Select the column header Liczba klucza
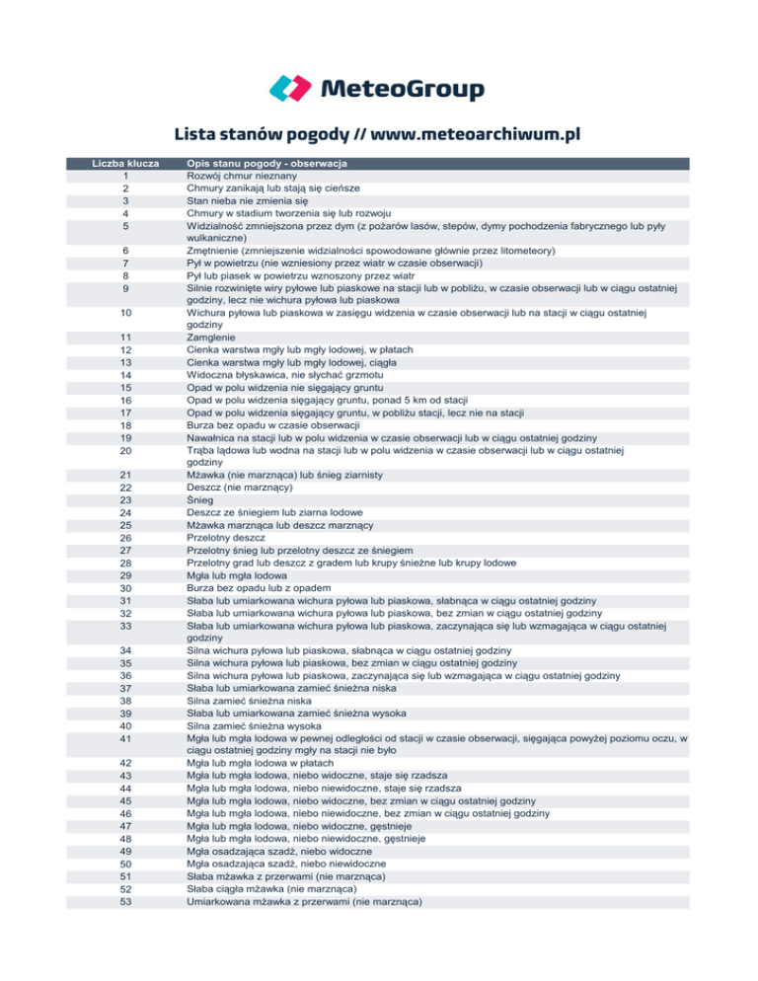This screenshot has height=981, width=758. click(x=125, y=163)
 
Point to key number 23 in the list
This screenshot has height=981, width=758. click(x=125, y=499)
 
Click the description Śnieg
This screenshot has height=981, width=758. click(x=199, y=499)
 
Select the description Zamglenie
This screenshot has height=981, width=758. click(x=215, y=338)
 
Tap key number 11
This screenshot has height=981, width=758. click(x=125, y=338)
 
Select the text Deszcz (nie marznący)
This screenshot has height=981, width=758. click(x=244, y=488)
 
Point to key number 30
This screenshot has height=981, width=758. click(x=125, y=588)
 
